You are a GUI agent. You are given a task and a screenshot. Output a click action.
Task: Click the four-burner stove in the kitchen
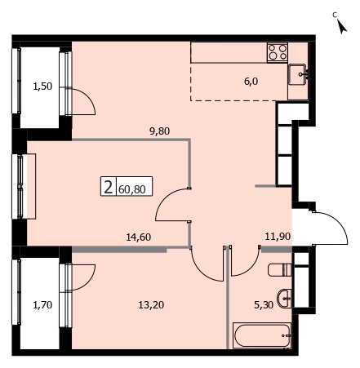coord(278,52)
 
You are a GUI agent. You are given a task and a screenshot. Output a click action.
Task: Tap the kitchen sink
coord(299,74)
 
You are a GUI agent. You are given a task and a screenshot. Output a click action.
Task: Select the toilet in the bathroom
coord(280,269)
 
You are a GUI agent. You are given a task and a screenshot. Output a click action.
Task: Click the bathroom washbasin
coord(284,299)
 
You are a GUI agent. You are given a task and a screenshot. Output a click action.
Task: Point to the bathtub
coord(262,335)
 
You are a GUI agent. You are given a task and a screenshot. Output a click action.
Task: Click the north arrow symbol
coord(342,27)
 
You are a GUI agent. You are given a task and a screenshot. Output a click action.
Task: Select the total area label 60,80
coord(132,189)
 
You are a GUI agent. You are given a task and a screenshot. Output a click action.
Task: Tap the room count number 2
coord(109,187)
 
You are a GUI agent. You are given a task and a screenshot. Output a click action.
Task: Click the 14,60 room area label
coord(139,237)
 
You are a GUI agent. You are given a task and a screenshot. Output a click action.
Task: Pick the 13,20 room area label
coord(151,305)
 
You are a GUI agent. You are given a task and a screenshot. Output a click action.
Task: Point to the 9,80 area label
coord(160,131)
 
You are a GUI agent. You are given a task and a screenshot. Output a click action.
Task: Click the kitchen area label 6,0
coord(251,82)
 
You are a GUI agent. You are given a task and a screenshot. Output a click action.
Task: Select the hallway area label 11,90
coord(278,237)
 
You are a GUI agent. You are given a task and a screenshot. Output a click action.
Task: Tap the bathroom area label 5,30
coord(264,305)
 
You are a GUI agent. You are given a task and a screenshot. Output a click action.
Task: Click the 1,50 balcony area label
coord(42,86)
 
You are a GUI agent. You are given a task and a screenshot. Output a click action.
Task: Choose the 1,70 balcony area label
coord(42,305)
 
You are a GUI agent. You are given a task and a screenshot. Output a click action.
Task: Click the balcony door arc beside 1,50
coord(87,95)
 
